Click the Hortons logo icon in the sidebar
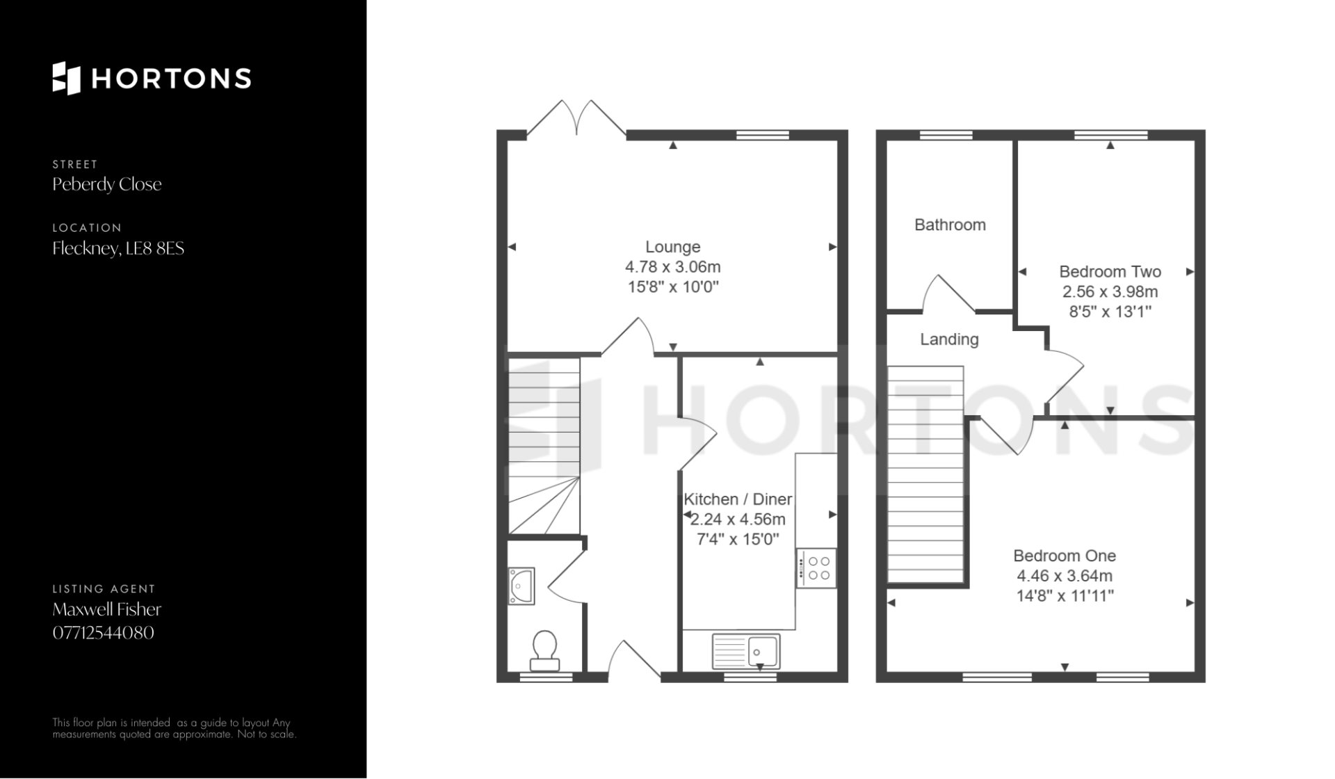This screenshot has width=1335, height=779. (x=67, y=78)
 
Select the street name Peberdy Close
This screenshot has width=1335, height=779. (x=107, y=184)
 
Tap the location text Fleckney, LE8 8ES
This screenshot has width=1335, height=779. (x=118, y=248)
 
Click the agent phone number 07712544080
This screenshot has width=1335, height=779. (x=104, y=633)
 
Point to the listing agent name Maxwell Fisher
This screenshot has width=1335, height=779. (x=107, y=609)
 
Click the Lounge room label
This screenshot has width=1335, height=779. (x=672, y=247)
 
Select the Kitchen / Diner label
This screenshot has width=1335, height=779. (x=738, y=499)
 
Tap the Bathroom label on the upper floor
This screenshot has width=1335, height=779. (x=950, y=225)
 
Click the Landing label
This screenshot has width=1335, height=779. (x=949, y=339)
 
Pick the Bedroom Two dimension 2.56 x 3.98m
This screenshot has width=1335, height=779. (x=1110, y=292)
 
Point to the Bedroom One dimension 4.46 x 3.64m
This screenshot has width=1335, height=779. (x=1065, y=576)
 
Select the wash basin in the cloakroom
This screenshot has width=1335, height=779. (x=521, y=586)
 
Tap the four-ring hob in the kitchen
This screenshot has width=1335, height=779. (x=816, y=568)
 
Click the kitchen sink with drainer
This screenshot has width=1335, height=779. (x=746, y=651)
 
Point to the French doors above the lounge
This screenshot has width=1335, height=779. (x=576, y=118)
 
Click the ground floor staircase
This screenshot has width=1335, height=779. (x=544, y=446)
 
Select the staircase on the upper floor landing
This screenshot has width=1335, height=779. (x=926, y=474)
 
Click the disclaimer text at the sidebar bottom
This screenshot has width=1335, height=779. (x=175, y=728)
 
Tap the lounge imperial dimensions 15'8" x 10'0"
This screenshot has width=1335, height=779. (x=672, y=287)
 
